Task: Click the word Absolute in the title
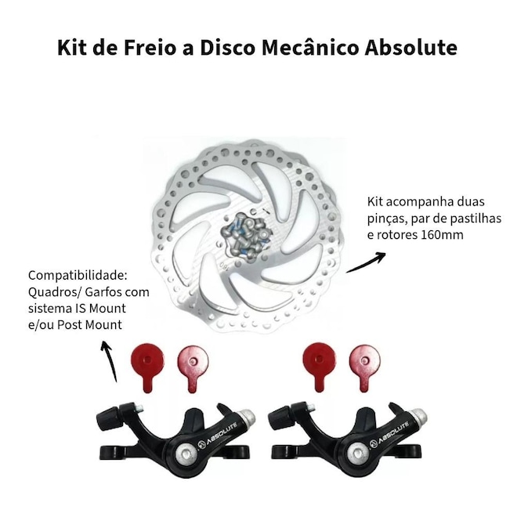[410, 47]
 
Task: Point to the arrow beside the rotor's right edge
[366, 262]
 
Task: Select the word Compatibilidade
[78, 275]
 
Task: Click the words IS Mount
[102, 309]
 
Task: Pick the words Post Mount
[89, 325]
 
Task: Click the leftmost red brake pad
[147, 367]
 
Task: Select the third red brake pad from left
[319, 367]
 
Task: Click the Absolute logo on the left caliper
[218, 434]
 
